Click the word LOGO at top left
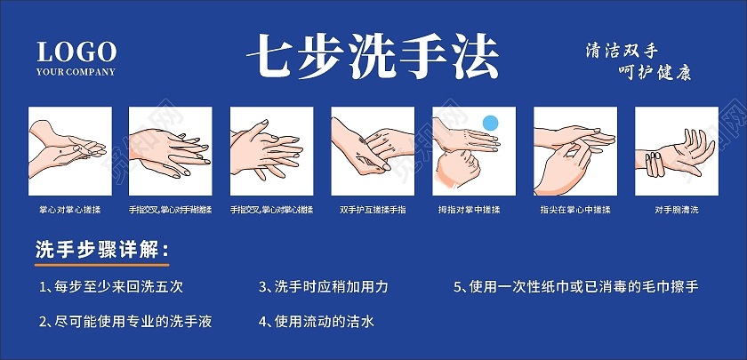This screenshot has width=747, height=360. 76,50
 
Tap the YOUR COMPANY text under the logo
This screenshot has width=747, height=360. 76,71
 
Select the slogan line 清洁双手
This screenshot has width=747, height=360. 627,50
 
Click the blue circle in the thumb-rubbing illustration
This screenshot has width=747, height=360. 489,121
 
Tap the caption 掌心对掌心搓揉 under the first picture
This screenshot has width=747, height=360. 70,210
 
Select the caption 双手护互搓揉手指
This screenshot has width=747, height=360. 373,210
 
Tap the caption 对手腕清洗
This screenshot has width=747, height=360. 676,210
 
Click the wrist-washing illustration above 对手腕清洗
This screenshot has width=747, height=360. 675,149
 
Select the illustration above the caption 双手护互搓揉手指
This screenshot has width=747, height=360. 373,149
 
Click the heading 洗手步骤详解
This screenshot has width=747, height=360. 100,250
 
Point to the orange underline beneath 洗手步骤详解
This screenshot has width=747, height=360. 100,265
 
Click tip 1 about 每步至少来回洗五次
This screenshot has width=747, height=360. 112,287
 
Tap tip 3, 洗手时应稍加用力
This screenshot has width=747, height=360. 324,287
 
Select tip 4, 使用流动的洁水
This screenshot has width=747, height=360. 317,321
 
